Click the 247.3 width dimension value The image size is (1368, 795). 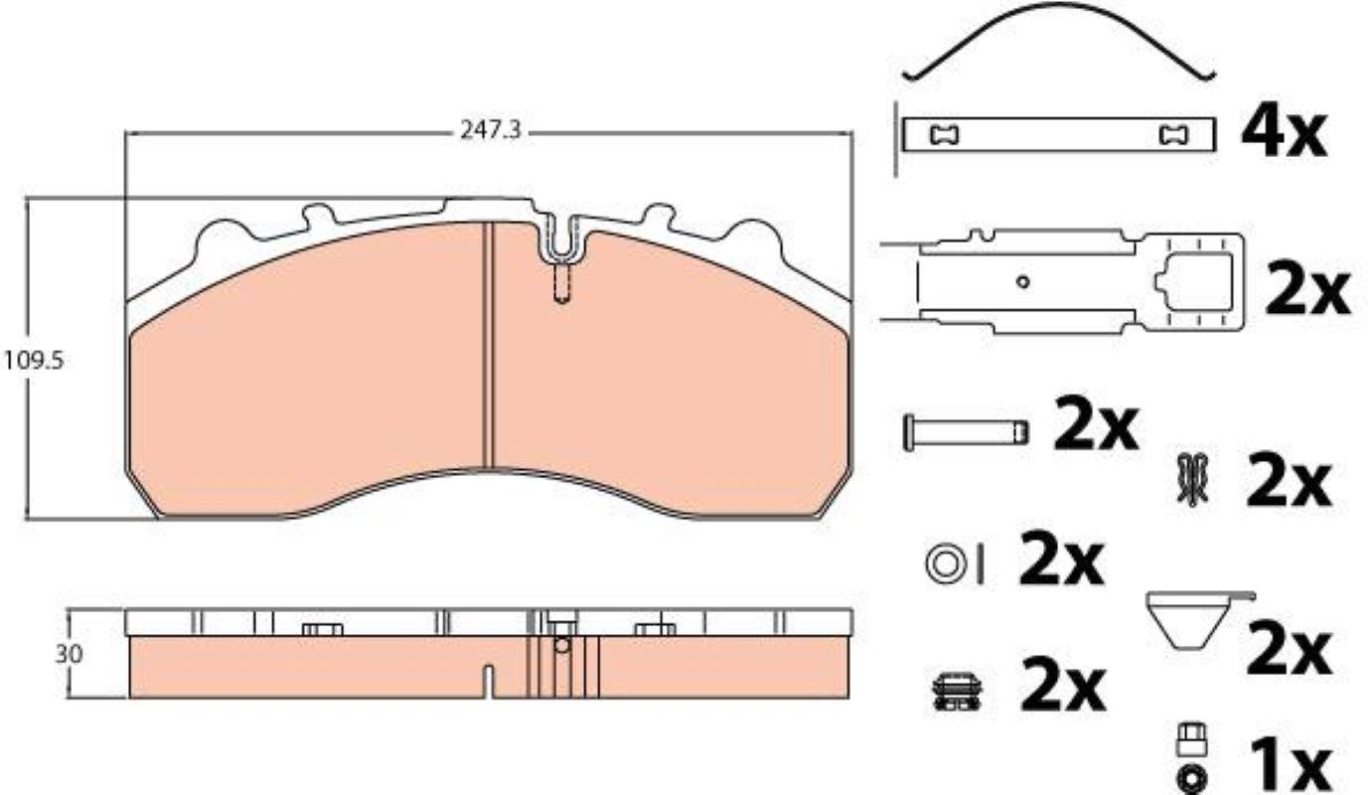pyautogui.click(x=491, y=130)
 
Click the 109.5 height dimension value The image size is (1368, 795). pyautogui.click(x=34, y=361)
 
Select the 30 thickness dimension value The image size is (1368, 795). pyautogui.click(x=69, y=655)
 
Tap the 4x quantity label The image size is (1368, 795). pyautogui.click(x=1284, y=134)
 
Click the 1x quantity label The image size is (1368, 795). pyautogui.click(x=1290, y=765)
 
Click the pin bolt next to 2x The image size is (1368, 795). pyautogui.click(x=965, y=432)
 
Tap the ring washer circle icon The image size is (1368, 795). pyautogui.click(x=944, y=563)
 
